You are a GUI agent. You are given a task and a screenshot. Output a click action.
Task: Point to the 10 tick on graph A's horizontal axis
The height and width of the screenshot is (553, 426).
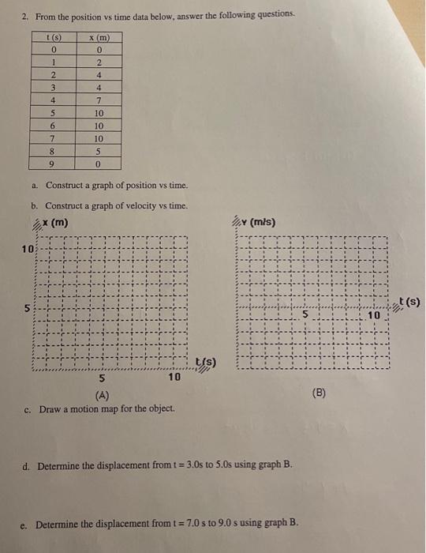(174, 378)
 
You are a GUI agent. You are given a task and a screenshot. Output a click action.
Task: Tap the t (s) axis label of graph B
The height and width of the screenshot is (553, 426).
(409, 300)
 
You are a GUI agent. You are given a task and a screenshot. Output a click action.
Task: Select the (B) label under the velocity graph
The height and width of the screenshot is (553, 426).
(318, 390)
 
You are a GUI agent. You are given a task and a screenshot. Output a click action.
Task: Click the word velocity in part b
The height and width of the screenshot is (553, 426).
(128, 205)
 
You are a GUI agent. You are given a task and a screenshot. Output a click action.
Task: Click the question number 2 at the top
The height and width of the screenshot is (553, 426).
(25, 14)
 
